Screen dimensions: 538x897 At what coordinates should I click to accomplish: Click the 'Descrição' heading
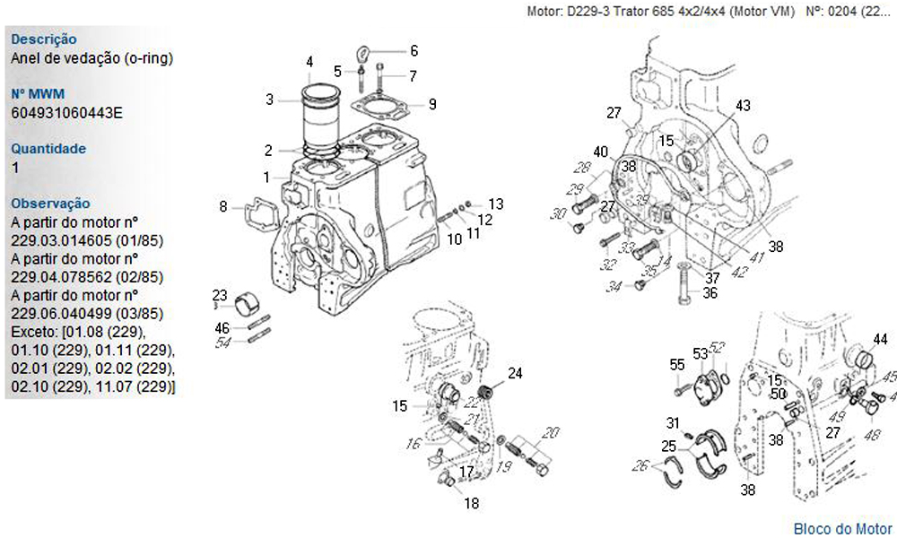coord(43,39)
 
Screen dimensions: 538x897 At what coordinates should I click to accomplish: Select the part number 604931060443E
coord(67,113)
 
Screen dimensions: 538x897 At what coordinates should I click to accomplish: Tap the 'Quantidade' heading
coord(48,149)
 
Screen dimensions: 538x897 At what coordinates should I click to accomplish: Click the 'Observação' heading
coord(50,204)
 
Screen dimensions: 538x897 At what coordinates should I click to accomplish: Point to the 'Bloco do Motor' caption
coord(843,528)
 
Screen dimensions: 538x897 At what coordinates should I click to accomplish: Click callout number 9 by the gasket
coord(432,104)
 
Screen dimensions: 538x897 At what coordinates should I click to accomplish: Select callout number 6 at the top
coord(414,50)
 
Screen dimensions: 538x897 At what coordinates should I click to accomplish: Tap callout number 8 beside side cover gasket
coord(222,207)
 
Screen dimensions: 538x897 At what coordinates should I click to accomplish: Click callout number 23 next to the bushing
coord(220,296)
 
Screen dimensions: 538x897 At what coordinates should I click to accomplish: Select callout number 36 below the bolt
coord(710,292)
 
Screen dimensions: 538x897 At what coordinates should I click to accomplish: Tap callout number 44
coord(881,339)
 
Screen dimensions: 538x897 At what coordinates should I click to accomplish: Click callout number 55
coord(677,364)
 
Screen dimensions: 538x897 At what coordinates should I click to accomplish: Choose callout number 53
coord(700,353)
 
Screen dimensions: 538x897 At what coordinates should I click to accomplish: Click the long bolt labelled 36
coord(684,282)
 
